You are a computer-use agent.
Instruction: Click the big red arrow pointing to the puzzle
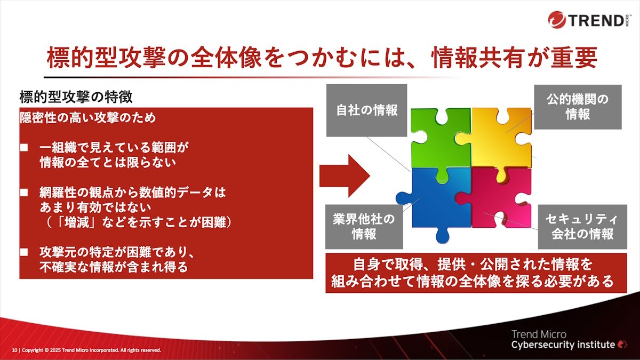[x=345, y=176]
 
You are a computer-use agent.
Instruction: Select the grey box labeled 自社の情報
[x=366, y=110]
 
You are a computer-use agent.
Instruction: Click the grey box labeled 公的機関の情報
[x=578, y=107]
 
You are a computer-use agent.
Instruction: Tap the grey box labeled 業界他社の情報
[x=364, y=227]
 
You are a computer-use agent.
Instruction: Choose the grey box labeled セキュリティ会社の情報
[x=582, y=227]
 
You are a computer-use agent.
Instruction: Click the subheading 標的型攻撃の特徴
[x=76, y=97]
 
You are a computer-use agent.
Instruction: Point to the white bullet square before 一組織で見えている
[x=24, y=148]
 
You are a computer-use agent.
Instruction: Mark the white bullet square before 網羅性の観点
[x=24, y=193]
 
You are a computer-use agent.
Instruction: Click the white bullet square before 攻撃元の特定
[x=24, y=252]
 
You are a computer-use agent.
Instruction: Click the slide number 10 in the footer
[x=14, y=350]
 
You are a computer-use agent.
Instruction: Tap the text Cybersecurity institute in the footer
[x=563, y=345]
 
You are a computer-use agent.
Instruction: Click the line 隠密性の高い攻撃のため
[x=88, y=118]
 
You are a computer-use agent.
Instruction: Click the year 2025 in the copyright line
[x=56, y=350]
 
